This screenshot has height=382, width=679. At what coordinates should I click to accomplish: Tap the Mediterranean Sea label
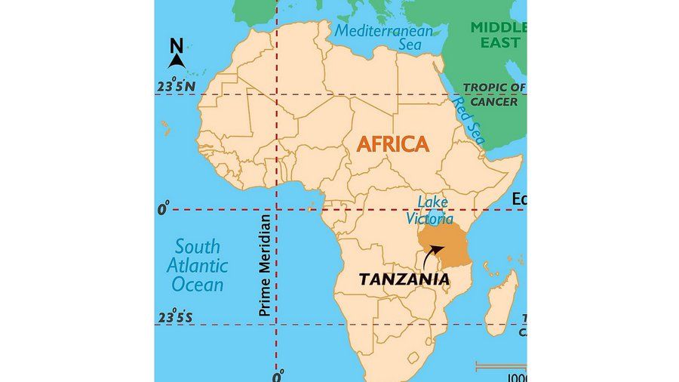point(384,38)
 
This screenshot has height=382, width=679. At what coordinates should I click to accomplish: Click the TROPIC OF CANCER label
point(494,94)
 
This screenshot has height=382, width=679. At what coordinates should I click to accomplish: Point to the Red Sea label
point(469,122)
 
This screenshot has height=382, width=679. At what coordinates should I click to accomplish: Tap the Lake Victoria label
point(430,211)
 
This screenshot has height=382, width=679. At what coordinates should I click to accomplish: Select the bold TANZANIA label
point(404,279)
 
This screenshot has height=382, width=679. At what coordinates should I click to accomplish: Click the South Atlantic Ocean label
point(198,266)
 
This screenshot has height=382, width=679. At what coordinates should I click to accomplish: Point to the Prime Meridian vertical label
point(264,265)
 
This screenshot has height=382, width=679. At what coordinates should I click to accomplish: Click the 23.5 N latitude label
point(175,87)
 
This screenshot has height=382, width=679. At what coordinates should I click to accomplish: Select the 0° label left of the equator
point(164,209)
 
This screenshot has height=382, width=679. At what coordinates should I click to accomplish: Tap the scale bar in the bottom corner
point(500,367)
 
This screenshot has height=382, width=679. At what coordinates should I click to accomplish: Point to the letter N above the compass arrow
point(177,45)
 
